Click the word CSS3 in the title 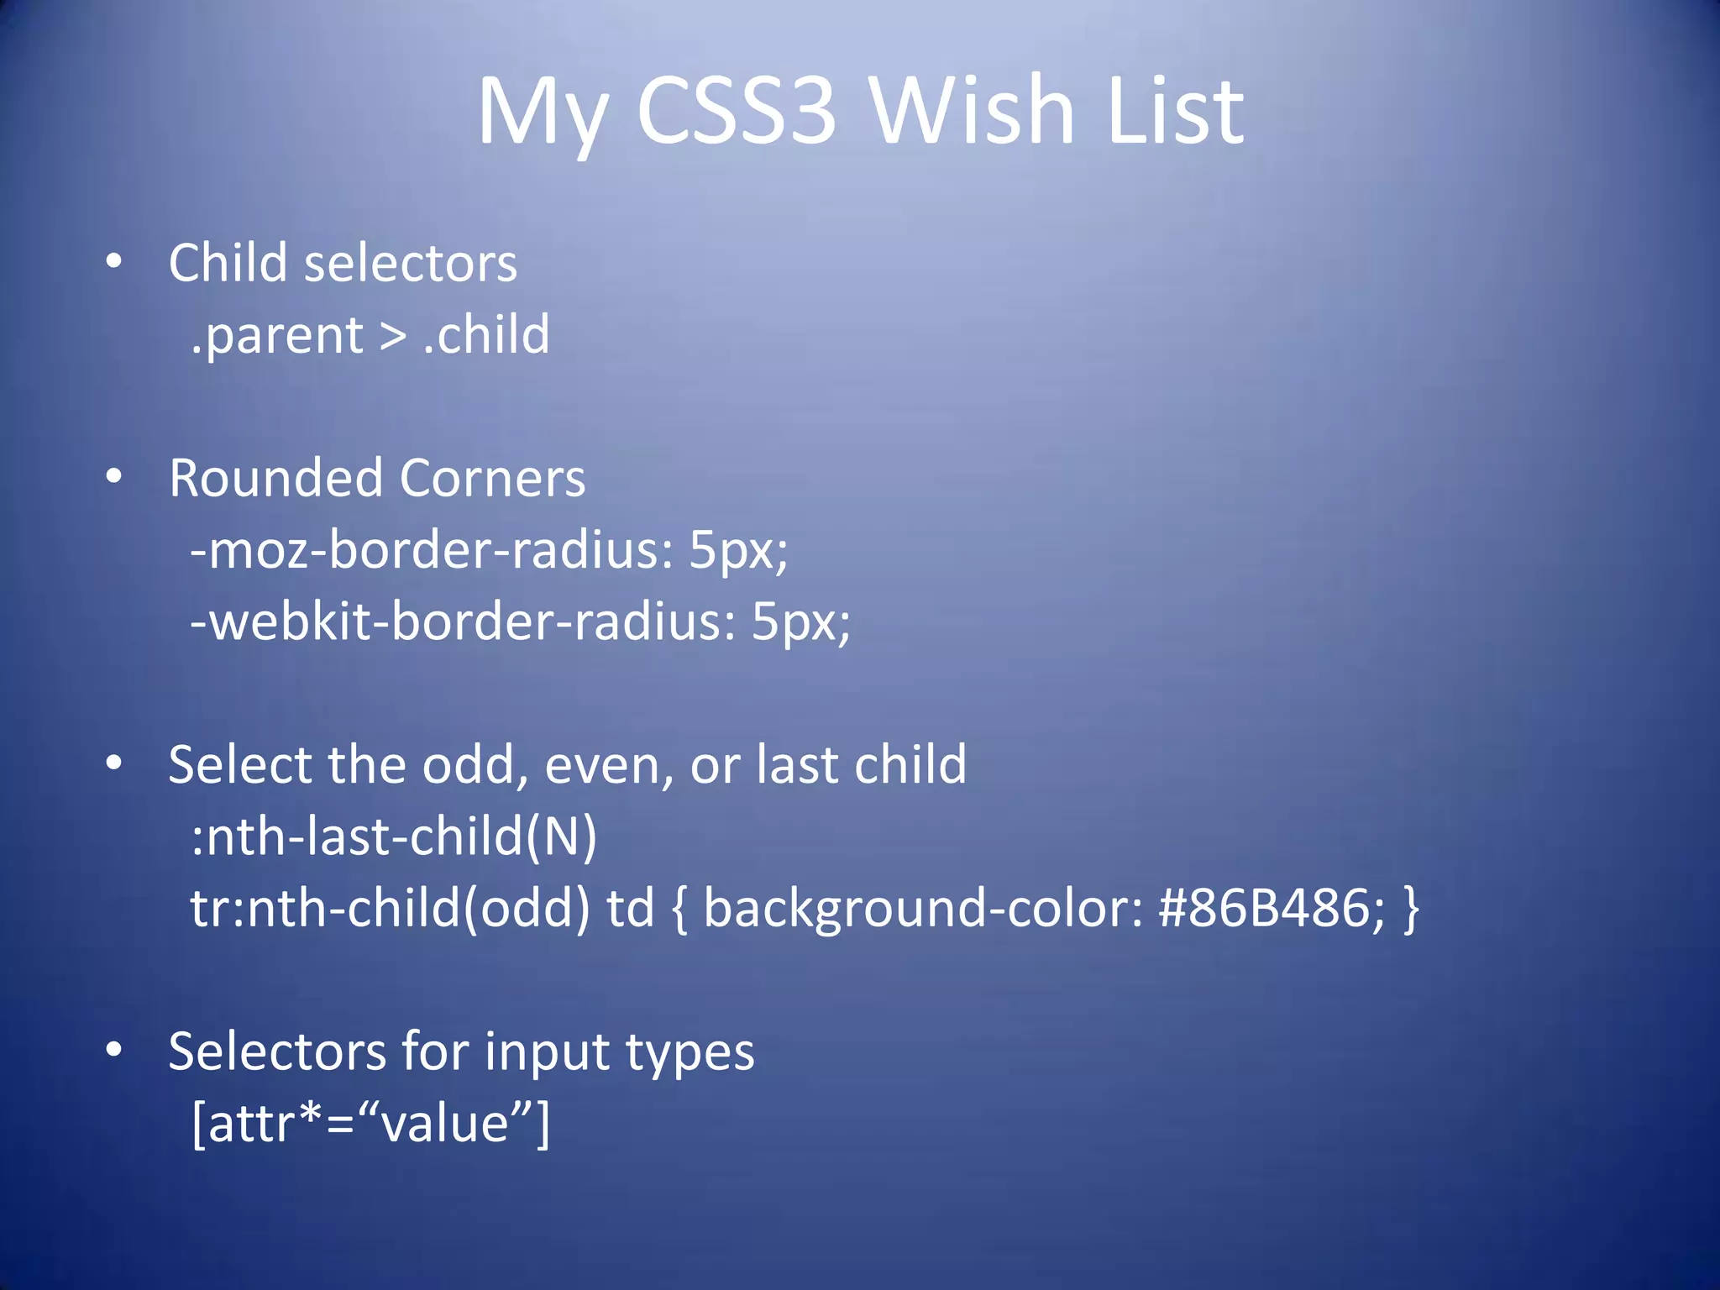click(737, 111)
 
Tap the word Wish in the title click(972, 111)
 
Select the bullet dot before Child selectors click(114, 261)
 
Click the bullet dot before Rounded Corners click(114, 476)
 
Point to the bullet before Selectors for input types click(114, 1049)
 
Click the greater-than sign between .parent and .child click(393, 336)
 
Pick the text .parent click(277, 336)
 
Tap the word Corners click(492, 479)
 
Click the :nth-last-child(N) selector click(394, 837)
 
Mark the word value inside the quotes click(445, 1124)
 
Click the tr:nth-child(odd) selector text click(391, 909)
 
